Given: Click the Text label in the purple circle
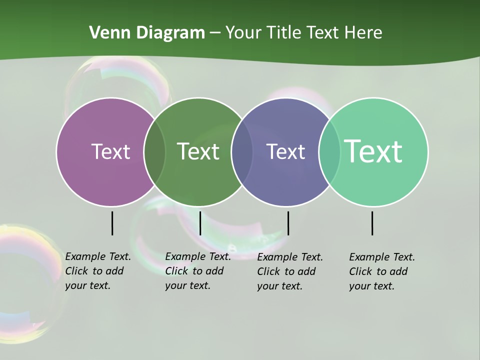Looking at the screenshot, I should pos(110,151).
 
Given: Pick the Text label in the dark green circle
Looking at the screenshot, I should pos(198,151).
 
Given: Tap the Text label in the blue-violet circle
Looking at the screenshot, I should pos(285,151).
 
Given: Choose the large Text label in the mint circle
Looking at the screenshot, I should pos(373,151).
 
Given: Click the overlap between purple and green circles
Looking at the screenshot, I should pos(154,151).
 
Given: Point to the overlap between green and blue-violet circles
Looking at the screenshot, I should pos(242,151).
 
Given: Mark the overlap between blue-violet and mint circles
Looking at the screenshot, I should pos(329,151).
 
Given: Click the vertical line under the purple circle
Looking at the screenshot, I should pos(112,223).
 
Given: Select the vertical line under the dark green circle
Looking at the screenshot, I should pos(200,223).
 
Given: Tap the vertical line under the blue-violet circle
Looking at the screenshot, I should pos(288,223).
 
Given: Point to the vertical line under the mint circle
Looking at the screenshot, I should pos(372,223).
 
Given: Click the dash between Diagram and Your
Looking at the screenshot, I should pos(215,33).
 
